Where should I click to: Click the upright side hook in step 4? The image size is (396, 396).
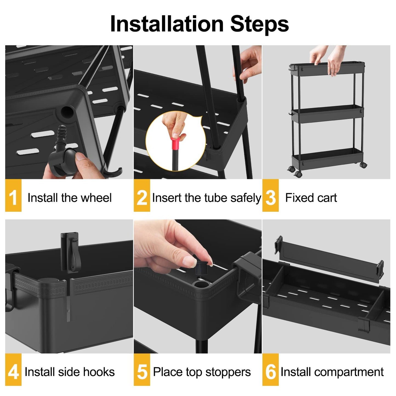(x=70, y=252)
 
